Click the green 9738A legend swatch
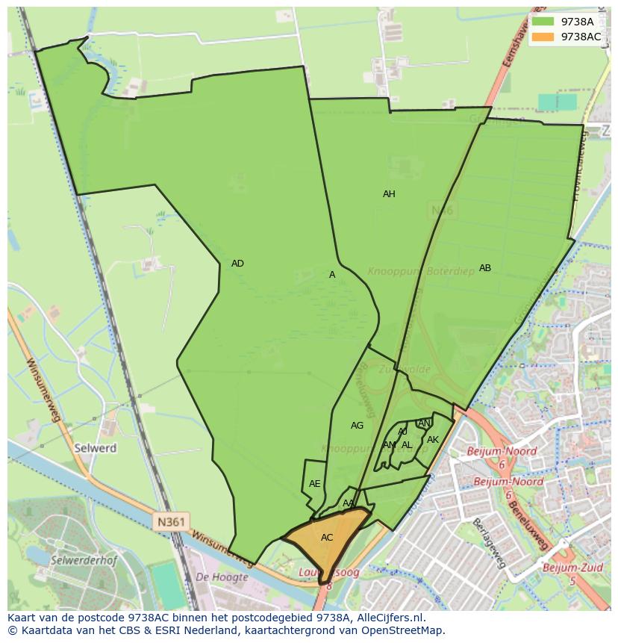pyautogui.click(x=543, y=22)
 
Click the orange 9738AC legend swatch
pyautogui.click(x=543, y=37)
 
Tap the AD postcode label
pyautogui.click(x=237, y=264)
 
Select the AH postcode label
pyautogui.click(x=389, y=194)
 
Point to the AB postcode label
pyautogui.click(x=485, y=268)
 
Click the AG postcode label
pyautogui.click(x=357, y=426)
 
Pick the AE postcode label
pyautogui.click(x=315, y=484)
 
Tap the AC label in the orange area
pyautogui.click(x=327, y=538)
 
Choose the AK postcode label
pyautogui.click(x=433, y=440)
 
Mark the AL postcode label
pyautogui.click(x=407, y=445)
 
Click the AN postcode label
pyautogui.click(x=424, y=423)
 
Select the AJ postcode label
pyautogui.click(x=402, y=432)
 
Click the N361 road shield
pyautogui.click(x=171, y=521)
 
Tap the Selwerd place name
pyautogui.click(x=96, y=449)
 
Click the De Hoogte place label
pyautogui.click(x=222, y=577)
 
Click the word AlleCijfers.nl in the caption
pyautogui.click(x=387, y=618)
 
